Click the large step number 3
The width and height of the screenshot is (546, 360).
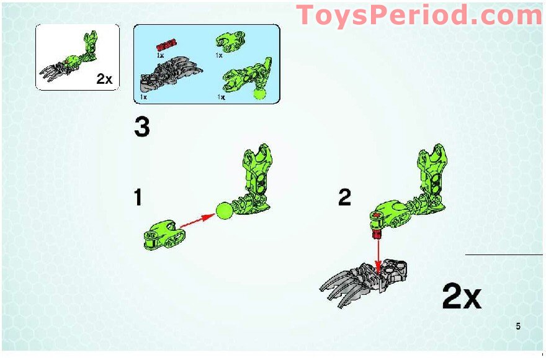[x=142, y=128]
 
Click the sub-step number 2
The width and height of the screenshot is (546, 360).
[x=344, y=198]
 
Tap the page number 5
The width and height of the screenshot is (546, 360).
[x=518, y=326]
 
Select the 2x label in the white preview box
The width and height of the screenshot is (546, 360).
[x=104, y=79]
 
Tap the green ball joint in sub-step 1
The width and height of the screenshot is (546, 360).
[x=225, y=212]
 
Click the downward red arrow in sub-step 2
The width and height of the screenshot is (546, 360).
[x=378, y=254]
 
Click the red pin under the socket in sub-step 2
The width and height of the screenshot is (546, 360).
[x=377, y=233]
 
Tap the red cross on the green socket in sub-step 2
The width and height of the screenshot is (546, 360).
[x=377, y=215]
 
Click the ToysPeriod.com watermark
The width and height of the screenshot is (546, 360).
[x=419, y=16]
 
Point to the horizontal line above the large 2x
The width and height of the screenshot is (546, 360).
[x=503, y=254]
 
